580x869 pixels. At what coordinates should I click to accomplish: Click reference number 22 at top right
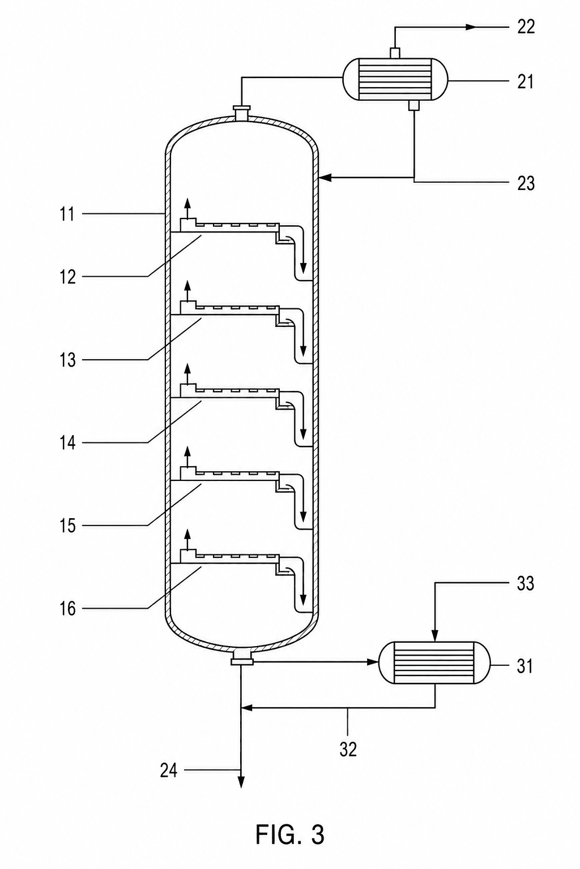click(526, 27)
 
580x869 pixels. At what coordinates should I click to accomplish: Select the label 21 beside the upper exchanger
click(526, 82)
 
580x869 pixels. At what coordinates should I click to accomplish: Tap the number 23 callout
click(526, 183)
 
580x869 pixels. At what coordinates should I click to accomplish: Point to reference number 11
click(67, 214)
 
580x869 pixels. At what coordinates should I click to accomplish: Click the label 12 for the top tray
click(67, 277)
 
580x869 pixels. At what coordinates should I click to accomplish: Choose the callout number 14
click(67, 442)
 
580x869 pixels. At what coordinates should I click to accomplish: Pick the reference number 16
click(67, 609)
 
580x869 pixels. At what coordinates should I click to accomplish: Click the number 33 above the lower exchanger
click(525, 583)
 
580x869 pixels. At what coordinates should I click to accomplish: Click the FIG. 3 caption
click(290, 834)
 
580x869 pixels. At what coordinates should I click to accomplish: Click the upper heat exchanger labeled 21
click(395, 80)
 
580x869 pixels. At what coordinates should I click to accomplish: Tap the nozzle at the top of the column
click(241, 113)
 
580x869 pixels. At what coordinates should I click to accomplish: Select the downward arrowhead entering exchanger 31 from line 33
click(434, 635)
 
